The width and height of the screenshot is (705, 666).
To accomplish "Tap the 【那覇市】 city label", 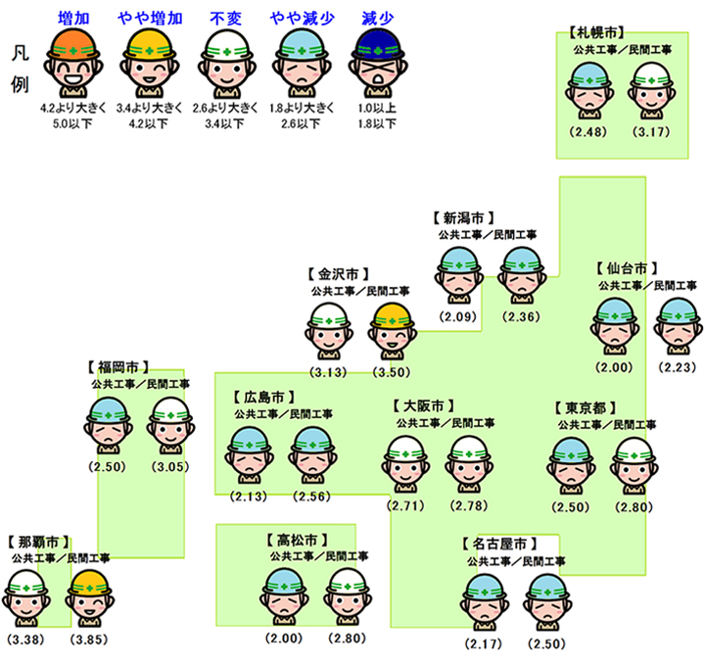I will pyautogui.click(x=38, y=542).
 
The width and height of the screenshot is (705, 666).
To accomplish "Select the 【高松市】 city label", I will pyautogui.click(x=295, y=540).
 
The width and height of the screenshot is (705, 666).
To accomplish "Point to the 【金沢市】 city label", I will pyautogui.click(x=340, y=276).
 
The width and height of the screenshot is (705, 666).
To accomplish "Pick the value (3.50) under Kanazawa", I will pyautogui.click(x=393, y=373).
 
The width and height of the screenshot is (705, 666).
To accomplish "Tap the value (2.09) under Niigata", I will pyautogui.click(x=456, y=316).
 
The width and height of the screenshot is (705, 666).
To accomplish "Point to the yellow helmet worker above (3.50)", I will pyautogui.click(x=393, y=331).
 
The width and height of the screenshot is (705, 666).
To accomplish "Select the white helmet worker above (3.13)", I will pyautogui.click(x=330, y=331).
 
